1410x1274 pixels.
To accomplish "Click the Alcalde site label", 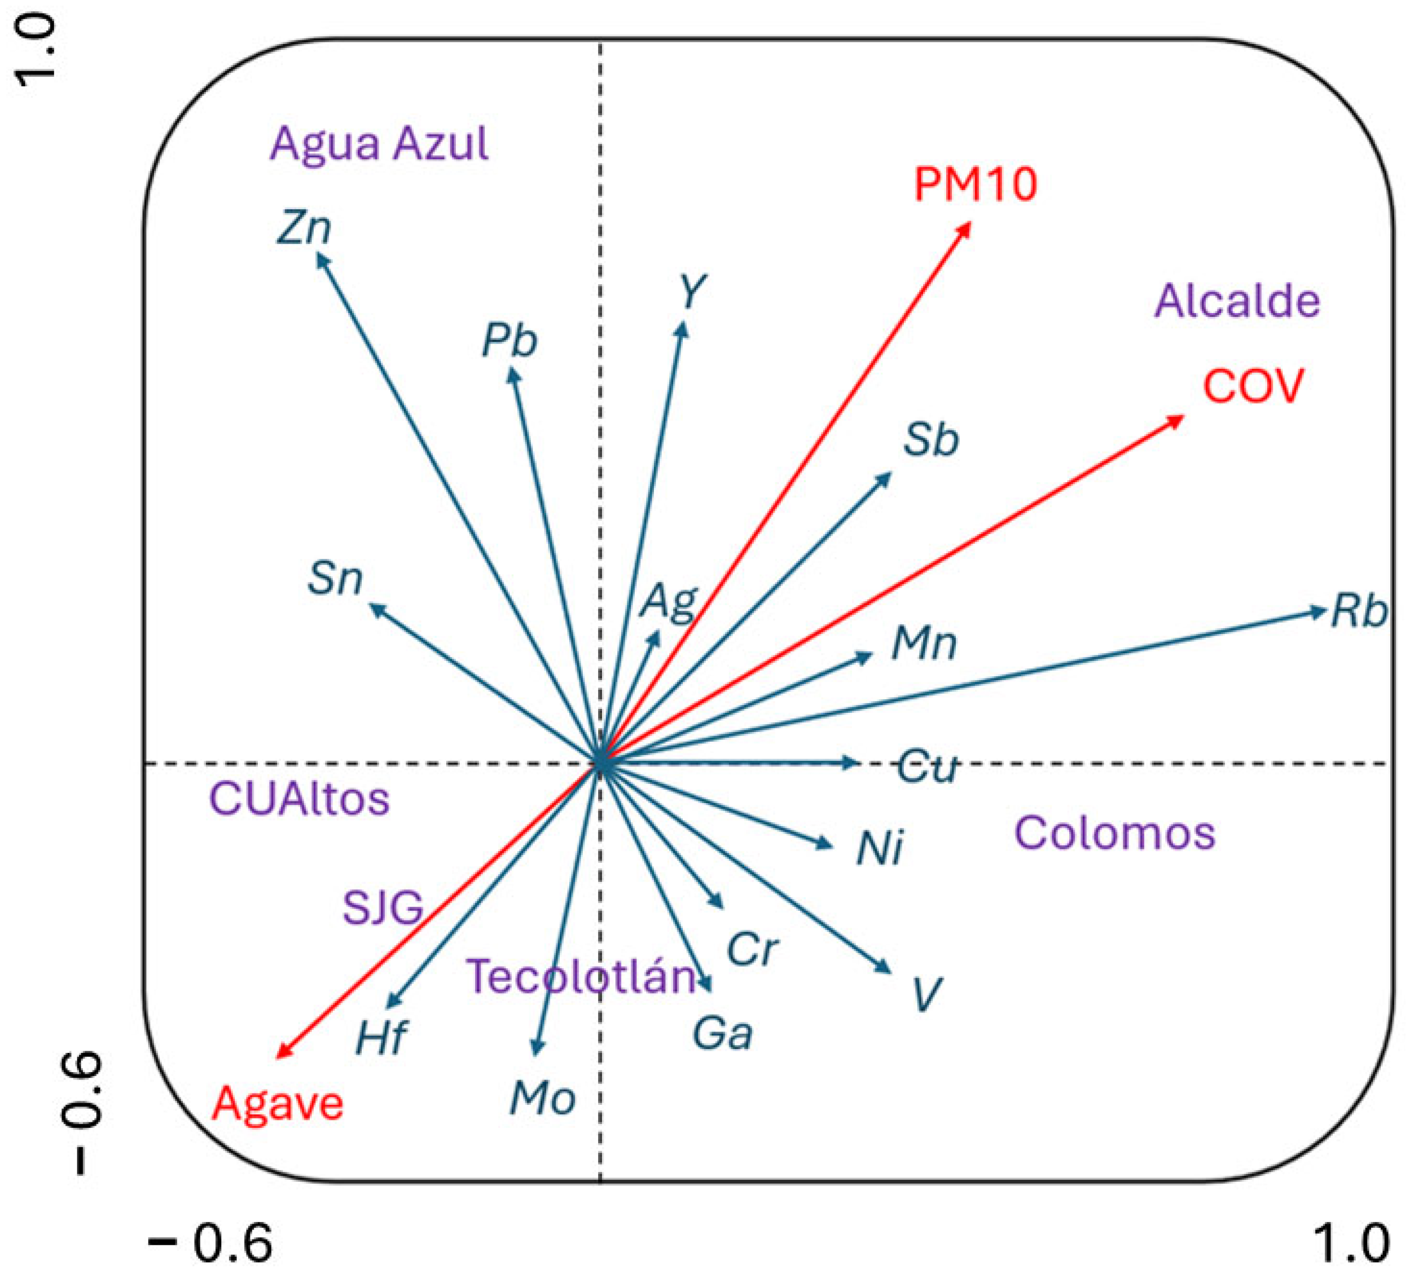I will tap(1237, 301).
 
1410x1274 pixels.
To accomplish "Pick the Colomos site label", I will tap(1115, 833).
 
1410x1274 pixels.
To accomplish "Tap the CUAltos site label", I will tap(300, 799).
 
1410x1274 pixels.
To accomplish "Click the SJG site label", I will tap(383, 907).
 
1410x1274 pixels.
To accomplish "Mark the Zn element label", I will tap(304, 228).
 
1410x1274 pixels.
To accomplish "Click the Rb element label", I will tap(1358, 611).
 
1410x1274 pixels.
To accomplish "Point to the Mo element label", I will tap(543, 1099).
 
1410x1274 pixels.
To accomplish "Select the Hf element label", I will tap(381, 1038).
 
